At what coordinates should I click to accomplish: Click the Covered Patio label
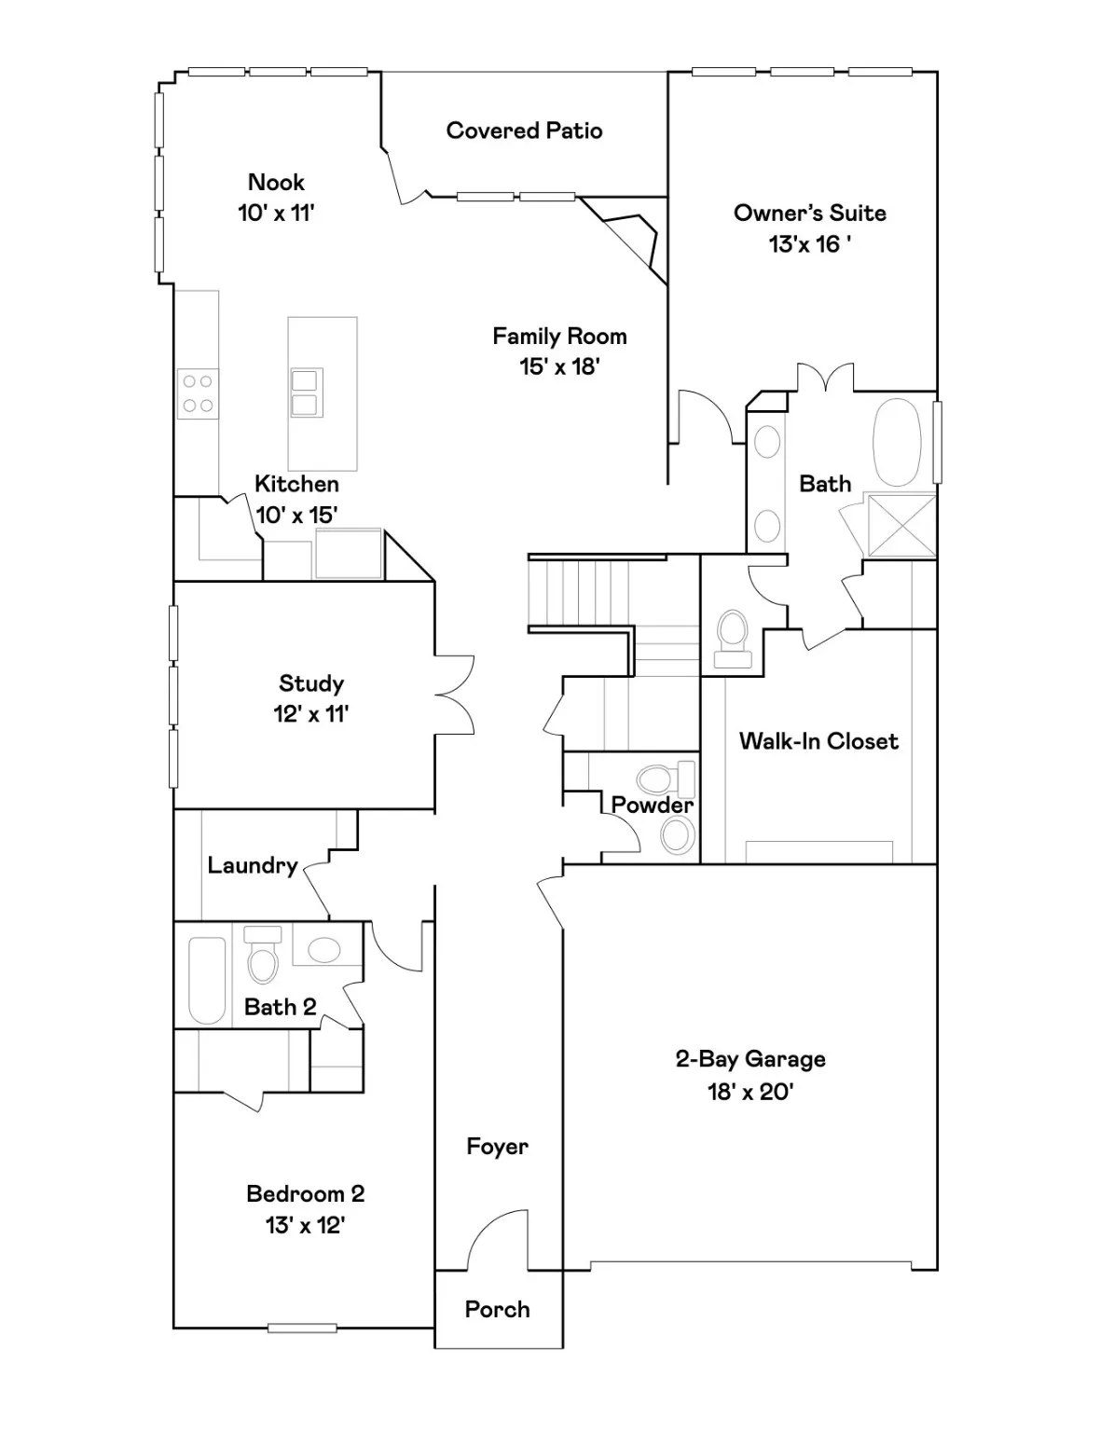[524, 131]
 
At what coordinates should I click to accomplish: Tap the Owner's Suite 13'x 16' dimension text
[809, 244]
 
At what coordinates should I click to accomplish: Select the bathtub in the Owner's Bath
[896, 443]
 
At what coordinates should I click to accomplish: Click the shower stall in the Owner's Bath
[901, 526]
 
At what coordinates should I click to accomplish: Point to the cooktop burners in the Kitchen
[198, 393]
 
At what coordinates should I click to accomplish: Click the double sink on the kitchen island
[306, 392]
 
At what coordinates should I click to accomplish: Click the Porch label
[497, 1310]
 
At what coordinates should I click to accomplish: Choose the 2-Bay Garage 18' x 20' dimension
[749, 1091]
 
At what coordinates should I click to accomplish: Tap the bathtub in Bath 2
[207, 980]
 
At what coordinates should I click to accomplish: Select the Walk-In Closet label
[818, 741]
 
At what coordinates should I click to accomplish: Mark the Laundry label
[252, 866]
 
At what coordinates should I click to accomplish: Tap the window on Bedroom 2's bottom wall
[302, 1328]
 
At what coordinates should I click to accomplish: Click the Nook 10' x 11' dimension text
[276, 213]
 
